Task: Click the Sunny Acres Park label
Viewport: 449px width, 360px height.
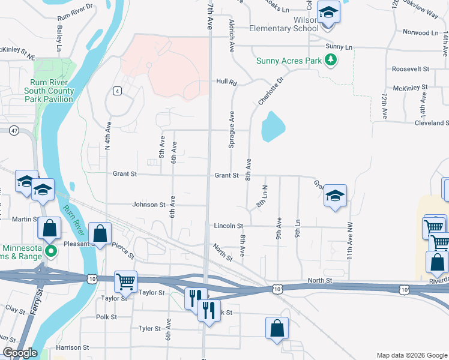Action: point(288,61)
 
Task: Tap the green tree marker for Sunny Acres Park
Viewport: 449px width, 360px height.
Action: point(330,59)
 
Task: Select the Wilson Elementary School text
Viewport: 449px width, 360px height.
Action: point(283,23)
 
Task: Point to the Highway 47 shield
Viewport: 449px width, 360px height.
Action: point(13,130)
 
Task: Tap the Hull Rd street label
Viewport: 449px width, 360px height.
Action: point(227,82)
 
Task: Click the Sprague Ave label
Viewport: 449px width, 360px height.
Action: point(231,129)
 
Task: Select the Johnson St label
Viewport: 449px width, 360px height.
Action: point(149,205)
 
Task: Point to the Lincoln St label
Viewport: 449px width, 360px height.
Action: point(228,226)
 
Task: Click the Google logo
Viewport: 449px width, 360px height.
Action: point(19,353)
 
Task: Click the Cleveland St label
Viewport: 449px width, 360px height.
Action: point(423,123)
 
